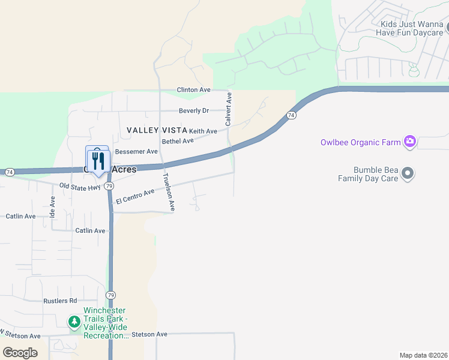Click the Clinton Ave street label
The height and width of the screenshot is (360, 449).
193,90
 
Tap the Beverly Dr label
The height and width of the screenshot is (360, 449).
194,111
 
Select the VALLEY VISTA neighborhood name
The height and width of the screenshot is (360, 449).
156,130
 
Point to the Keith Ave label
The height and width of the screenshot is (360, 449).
203,131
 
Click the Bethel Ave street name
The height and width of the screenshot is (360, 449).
178,141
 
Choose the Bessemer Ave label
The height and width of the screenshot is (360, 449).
136,152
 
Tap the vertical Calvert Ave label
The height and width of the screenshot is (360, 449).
228,109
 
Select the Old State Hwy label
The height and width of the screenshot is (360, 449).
79,187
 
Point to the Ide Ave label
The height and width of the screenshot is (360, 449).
53,203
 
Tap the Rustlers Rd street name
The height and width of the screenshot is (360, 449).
60,301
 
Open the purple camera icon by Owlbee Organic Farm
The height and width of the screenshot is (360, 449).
410,142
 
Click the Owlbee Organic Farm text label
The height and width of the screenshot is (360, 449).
360,143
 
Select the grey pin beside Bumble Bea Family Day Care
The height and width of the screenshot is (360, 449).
408,174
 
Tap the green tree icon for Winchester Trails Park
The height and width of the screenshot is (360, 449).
74,322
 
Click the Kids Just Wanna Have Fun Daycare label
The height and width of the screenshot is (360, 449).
411,29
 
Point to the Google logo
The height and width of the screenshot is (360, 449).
20,352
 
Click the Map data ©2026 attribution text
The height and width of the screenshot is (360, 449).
423,355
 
